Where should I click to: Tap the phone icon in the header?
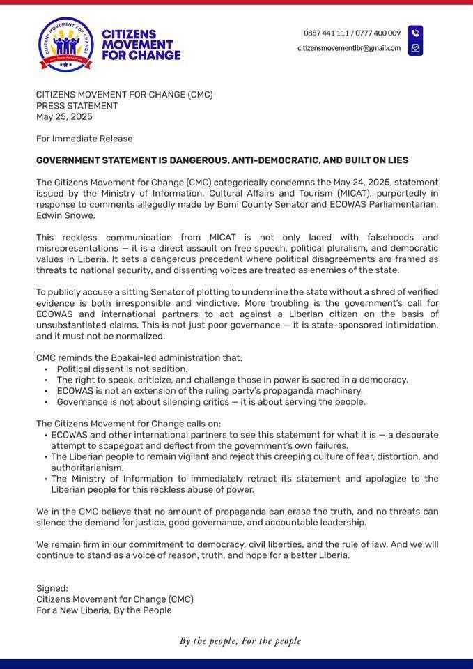[x=415, y=33]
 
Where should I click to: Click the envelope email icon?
[x=415, y=48]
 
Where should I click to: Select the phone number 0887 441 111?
[x=325, y=33]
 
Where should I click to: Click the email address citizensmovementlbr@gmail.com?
[x=349, y=48]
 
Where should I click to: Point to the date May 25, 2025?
[x=64, y=116]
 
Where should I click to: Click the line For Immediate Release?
[x=84, y=139]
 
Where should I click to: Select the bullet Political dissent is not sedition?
[x=122, y=369]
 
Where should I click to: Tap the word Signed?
[x=52, y=588]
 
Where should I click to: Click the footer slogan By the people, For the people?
[x=240, y=640]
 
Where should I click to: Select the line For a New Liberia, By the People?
[x=104, y=610]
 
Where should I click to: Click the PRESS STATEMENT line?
[x=77, y=106]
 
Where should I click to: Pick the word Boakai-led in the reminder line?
[x=115, y=357]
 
